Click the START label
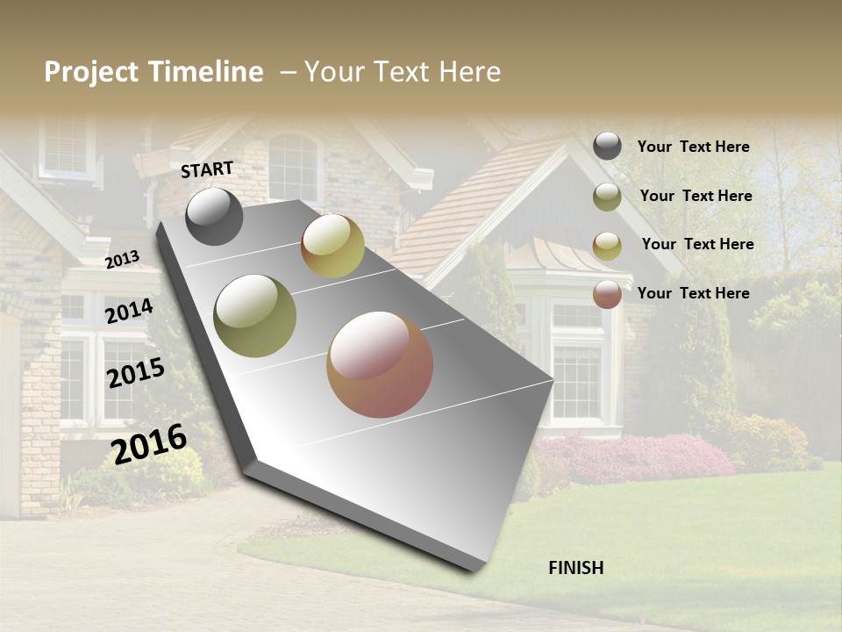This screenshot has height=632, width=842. (207, 169)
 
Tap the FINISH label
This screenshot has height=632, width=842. (575, 568)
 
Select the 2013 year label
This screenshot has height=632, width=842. (122, 259)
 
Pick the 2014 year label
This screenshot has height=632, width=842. (129, 311)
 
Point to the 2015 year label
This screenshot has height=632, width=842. (135, 372)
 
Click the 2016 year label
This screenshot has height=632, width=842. (149, 443)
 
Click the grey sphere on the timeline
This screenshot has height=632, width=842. (214, 216)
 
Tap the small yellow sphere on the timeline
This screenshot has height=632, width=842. (332, 246)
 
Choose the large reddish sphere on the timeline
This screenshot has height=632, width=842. (380, 364)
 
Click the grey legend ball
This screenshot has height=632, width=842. (607, 146)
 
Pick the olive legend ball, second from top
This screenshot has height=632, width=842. (607, 197)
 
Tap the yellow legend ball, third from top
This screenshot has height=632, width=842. (607, 246)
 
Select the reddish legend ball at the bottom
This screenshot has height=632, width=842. (607, 294)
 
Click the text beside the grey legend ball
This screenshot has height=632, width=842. (693, 147)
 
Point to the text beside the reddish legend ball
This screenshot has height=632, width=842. (693, 293)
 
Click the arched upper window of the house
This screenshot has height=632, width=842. (294, 167)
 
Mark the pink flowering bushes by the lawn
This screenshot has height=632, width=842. (631, 456)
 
